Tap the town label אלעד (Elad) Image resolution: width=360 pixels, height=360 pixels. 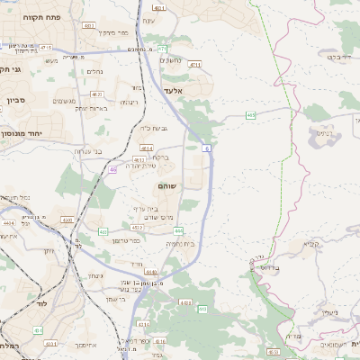pos(174,92)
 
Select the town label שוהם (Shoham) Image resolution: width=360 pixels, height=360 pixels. pos(167,186)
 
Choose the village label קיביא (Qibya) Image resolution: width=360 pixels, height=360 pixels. pos(310,244)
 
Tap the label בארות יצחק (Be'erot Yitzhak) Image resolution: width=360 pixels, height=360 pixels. pos(92,108)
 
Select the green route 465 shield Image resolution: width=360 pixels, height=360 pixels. pos(250,115)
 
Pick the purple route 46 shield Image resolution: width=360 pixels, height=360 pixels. pos(112,169)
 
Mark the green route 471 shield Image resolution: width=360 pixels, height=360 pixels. pos(161,49)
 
